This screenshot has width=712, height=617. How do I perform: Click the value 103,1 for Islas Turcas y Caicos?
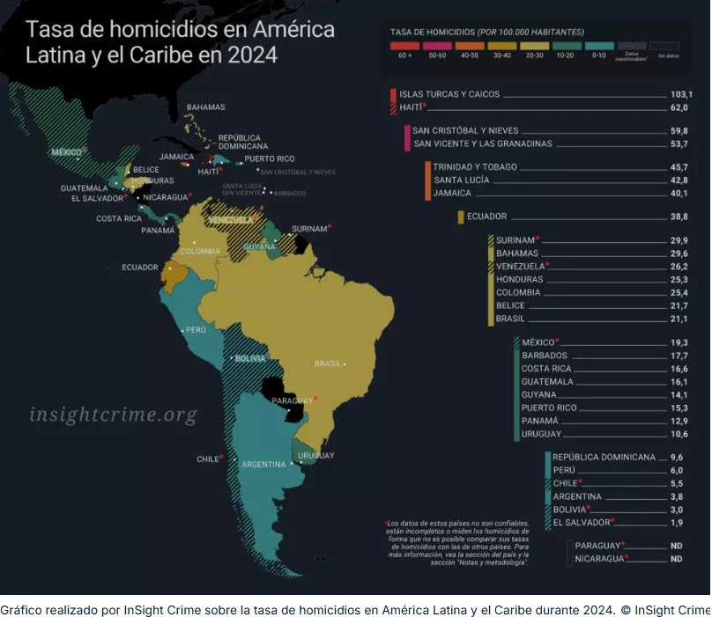tap(680, 94)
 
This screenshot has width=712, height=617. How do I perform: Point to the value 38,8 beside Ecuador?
tap(679, 217)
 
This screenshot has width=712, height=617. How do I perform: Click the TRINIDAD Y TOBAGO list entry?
tap(475, 167)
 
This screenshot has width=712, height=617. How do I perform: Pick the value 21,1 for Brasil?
tap(679, 319)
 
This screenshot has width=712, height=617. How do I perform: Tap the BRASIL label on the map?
tap(327, 364)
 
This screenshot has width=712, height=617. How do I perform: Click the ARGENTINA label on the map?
tap(263, 464)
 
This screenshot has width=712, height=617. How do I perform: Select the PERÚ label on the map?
tap(195, 331)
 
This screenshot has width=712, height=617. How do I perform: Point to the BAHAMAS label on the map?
tap(205, 107)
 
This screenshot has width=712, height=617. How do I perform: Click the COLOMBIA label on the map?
tap(200, 251)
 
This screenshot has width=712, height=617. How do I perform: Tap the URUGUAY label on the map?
tap(316, 455)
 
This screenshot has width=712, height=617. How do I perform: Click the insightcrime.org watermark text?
tap(113, 415)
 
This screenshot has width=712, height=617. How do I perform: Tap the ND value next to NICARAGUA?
tap(676, 558)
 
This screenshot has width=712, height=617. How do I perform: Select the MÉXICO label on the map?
tap(67, 152)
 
